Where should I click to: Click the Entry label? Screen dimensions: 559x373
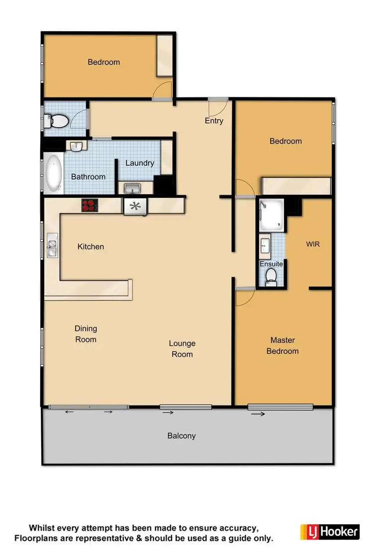214,121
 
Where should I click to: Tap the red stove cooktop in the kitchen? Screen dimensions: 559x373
90,205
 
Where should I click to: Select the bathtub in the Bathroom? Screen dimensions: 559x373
54,173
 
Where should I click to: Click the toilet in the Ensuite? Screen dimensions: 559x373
271,277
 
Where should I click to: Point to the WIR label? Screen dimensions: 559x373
313,244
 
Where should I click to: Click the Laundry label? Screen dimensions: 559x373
140,163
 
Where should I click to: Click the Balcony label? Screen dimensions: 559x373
182,436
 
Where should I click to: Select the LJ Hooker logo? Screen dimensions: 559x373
330,531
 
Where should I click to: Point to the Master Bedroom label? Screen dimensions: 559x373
283,346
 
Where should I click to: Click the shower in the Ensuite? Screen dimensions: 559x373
272,215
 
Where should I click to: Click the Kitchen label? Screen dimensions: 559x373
91,246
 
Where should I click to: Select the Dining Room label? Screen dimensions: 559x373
86,334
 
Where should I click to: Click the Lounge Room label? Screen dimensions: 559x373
182,349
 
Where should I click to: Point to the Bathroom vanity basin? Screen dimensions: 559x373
76,146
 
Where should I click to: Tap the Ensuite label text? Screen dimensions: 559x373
271,264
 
